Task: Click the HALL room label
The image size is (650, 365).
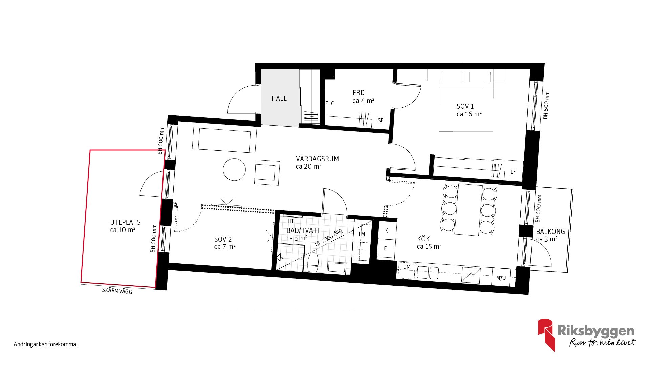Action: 279,98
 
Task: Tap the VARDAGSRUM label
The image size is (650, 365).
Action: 317,159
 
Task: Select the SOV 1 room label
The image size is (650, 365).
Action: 465,106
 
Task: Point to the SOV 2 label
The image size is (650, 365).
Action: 223,239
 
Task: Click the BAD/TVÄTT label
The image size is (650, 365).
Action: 303,230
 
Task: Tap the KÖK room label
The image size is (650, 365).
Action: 424,239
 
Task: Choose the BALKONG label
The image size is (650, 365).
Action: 550,232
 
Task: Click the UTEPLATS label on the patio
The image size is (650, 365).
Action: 125,222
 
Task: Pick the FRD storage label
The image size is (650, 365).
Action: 359,93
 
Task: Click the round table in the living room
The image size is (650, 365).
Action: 234,169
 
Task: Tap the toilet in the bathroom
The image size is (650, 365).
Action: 313,263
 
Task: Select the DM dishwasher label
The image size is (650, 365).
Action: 407,267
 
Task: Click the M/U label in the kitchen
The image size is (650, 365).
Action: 501,278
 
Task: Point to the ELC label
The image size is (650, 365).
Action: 330,104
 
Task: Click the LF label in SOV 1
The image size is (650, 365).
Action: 513,172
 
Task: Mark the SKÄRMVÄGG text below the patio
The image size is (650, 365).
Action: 117,291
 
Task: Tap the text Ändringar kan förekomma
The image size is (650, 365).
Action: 46,344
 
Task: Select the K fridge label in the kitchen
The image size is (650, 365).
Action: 386,231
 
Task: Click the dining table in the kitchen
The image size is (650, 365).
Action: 469,210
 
